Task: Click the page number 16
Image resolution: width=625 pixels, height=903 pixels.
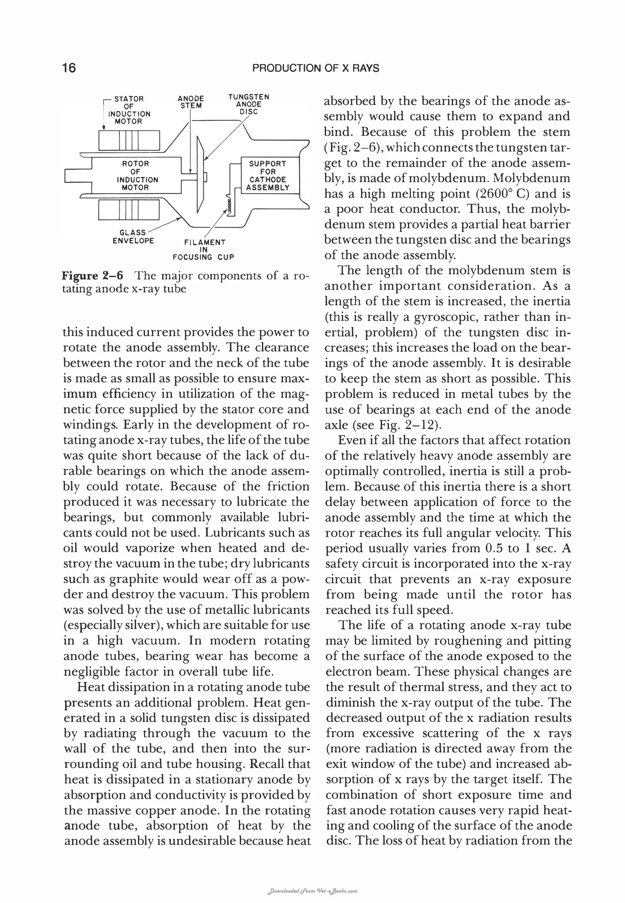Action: (69, 68)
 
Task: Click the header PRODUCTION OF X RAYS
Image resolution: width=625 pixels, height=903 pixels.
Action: (316, 69)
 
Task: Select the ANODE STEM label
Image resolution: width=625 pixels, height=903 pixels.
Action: (191, 102)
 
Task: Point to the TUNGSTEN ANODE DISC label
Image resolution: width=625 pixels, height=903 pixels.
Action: (249, 104)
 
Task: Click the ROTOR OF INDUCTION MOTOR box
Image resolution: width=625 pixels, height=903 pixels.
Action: (135, 176)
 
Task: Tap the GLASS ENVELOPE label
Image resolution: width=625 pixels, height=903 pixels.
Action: (133, 237)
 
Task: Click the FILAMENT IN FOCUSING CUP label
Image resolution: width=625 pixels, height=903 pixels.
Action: (204, 249)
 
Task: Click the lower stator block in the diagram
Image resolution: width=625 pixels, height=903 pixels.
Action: (129, 210)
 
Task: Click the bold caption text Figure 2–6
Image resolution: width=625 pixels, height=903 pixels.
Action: (92, 276)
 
